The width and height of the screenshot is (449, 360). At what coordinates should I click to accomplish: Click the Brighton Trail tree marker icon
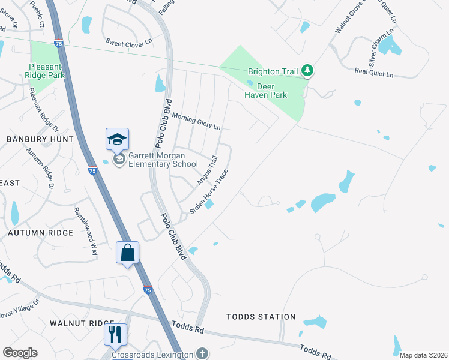tap(307, 71)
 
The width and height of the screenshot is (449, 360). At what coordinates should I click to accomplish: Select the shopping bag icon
tap(128, 253)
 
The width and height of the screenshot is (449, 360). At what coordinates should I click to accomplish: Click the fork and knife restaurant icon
tap(115, 334)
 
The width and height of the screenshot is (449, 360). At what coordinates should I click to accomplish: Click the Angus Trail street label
tap(207, 170)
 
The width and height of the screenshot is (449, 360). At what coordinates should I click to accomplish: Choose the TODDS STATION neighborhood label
tap(261, 317)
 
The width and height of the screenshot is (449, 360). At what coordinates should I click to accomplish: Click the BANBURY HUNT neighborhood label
tap(40, 139)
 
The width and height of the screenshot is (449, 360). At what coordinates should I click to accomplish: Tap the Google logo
tap(20, 353)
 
